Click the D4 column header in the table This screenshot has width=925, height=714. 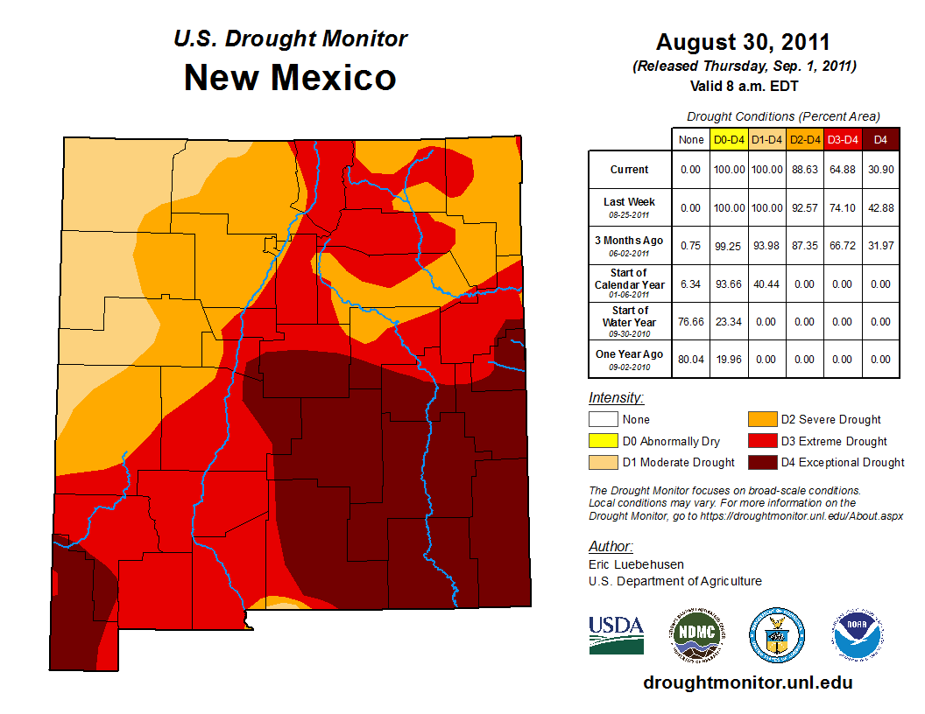pyautogui.click(x=880, y=139)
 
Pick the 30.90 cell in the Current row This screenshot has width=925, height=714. pyautogui.click(x=880, y=170)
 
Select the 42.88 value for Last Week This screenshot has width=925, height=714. pyautogui.click(x=880, y=207)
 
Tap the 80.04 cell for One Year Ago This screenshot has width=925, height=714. pyautogui.click(x=691, y=359)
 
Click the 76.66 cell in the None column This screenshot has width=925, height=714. pyautogui.click(x=691, y=321)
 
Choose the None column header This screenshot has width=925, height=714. pyautogui.click(x=691, y=139)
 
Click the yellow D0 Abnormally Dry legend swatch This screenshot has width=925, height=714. pyautogui.click(x=603, y=441)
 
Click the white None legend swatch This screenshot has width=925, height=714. pyautogui.click(x=603, y=420)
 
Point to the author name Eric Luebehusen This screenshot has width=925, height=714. pyautogui.click(x=636, y=564)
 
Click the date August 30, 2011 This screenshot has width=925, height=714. pyautogui.click(x=743, y=42)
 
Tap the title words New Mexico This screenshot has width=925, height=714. pyautogui.click(x=290, y=78)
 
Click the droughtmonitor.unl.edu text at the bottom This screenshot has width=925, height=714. pyautogui.click(x=747, y=682)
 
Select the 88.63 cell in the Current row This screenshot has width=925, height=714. pyautogui.click(x=804, y=170)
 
